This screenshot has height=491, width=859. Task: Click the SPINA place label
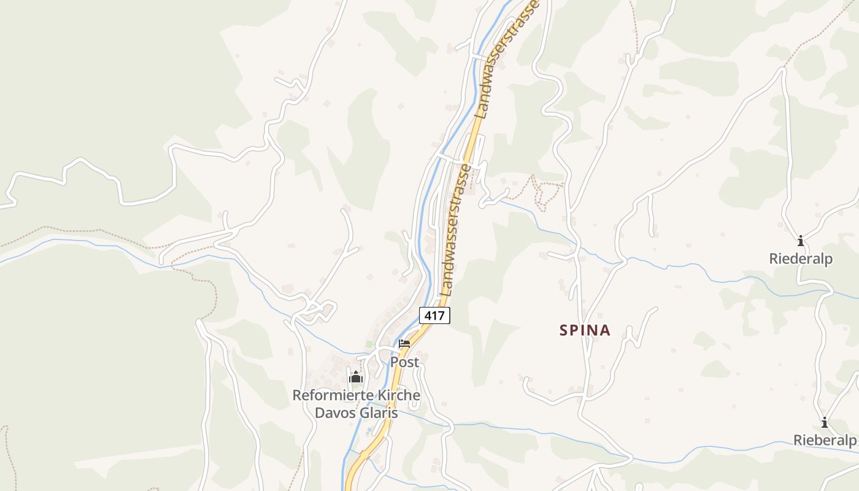[x=585, y=330]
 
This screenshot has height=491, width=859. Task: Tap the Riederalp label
[x=801, y=259]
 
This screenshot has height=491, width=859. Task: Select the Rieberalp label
[x=825, y=440]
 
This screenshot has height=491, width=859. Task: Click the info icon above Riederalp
[x=801, y=241]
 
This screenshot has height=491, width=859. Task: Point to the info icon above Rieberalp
[x=825, y=422]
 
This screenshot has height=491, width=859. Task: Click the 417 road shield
[x=434, y=315]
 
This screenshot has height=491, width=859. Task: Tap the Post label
[x=405, y=362]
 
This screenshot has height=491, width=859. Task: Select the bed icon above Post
[x=404, y=344]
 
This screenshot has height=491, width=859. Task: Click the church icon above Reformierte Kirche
[x=356, y=377]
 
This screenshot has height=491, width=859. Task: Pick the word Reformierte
[x=331, y=395]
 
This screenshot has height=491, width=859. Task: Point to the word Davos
[x=334, y=412]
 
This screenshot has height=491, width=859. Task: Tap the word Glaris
[x=378, y=412]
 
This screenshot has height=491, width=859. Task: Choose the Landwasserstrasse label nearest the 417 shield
[x=455, y=230]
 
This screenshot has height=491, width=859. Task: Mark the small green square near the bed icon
[x=369, y=344]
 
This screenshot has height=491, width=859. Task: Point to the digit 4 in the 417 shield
[x=427, y=315]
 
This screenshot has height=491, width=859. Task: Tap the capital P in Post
[x=395, y=362]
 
